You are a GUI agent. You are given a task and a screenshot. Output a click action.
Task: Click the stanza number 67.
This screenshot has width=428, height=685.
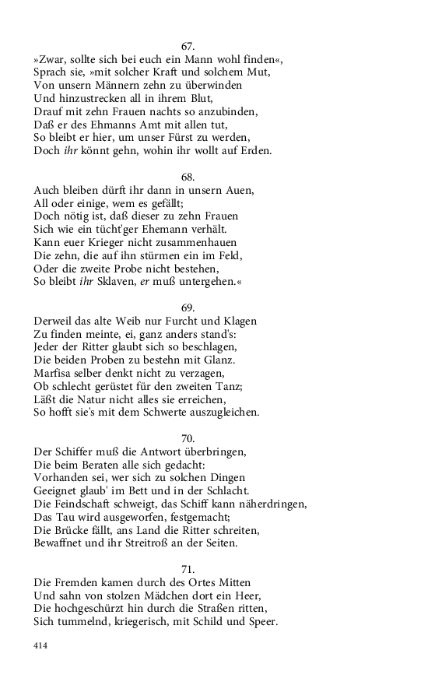(x=187, y=47)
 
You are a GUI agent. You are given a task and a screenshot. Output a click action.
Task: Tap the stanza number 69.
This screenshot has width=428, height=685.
(x=187, y=307)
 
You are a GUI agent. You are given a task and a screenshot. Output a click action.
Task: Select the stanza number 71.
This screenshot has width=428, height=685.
(x=187, y=568)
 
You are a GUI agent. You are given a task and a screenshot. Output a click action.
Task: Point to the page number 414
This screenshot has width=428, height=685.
(x=40, y=645)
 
